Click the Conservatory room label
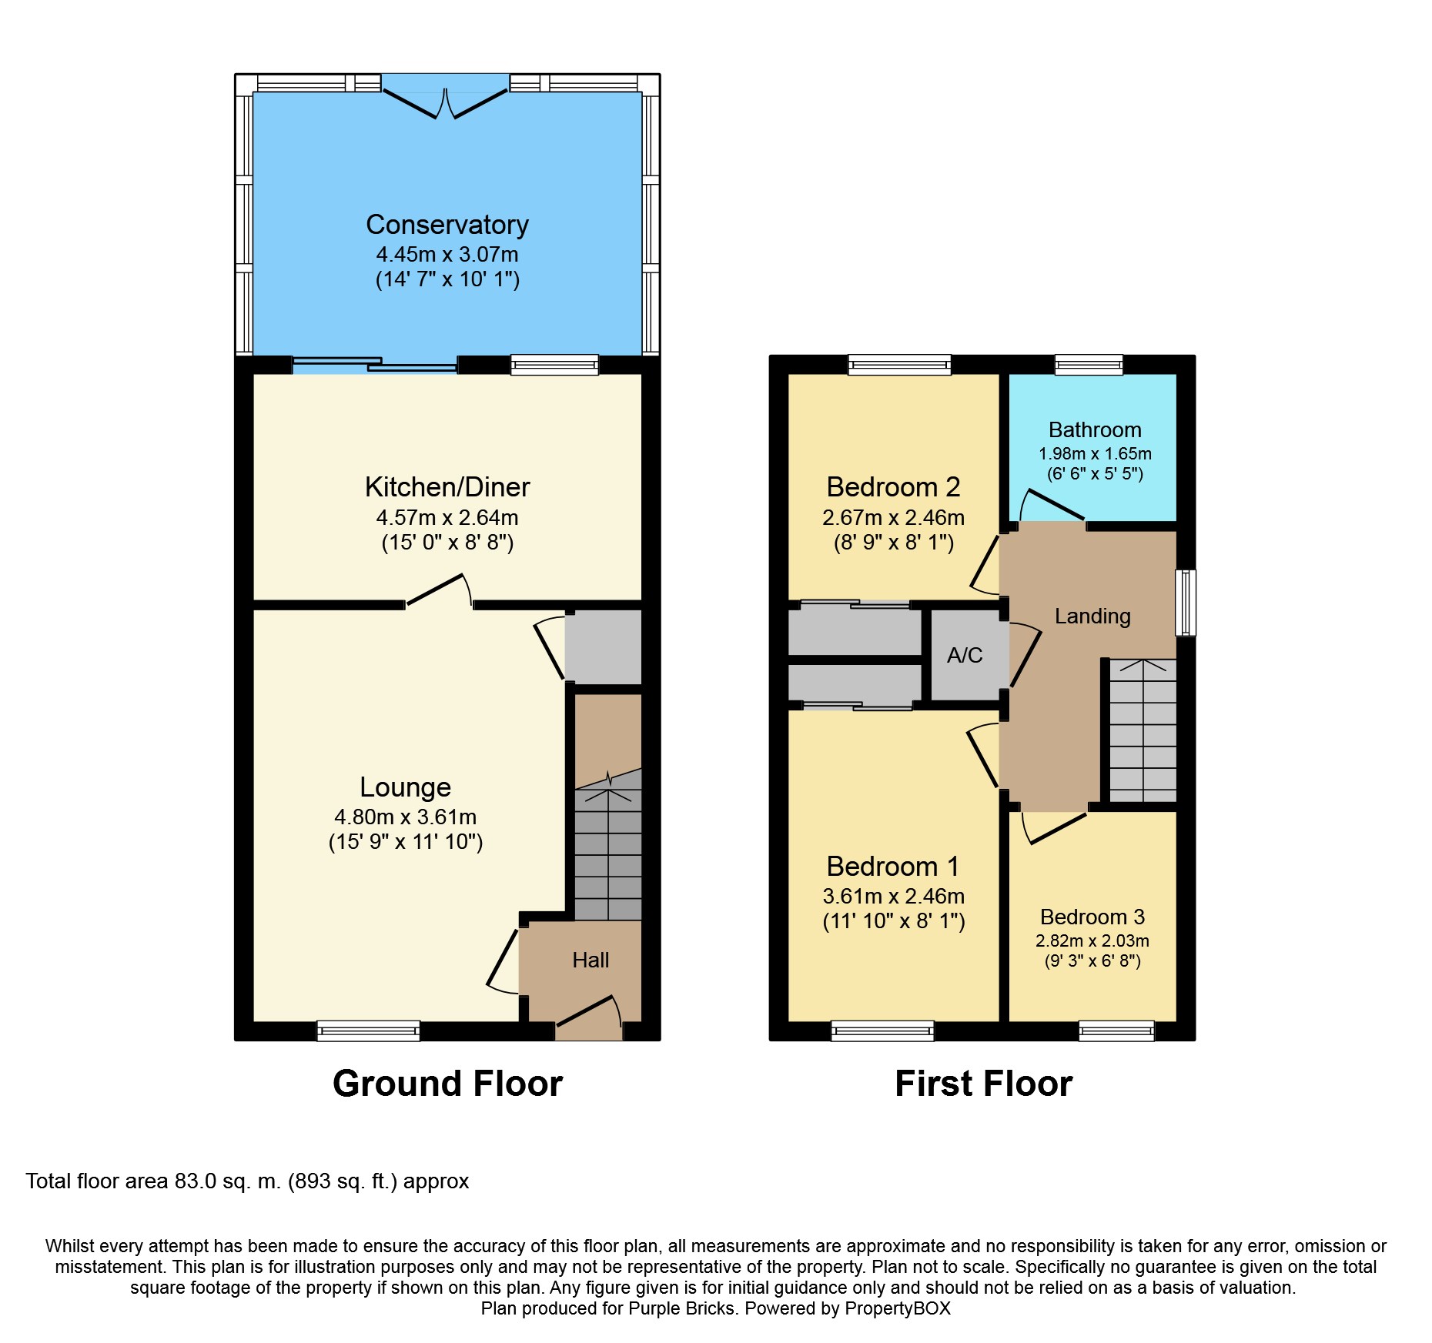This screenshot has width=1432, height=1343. point(447,225)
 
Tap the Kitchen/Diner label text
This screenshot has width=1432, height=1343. point(447,487)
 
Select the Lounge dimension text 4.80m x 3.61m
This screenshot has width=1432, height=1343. point(406,817)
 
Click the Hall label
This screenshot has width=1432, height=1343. point(591,960)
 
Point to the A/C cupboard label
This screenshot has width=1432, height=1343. point(965,655)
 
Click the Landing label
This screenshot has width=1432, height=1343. point(1092,616)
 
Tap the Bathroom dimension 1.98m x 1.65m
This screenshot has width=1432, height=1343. point(1095,453)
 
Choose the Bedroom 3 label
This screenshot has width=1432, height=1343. point(1092,917)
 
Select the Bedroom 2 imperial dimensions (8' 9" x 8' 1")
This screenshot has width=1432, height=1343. point(894,543)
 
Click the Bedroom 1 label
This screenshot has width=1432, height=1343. point(893,867)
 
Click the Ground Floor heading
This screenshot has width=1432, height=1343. point(447,1084)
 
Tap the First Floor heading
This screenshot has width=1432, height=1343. point(983,1084)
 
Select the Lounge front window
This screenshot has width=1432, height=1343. point(369,1031)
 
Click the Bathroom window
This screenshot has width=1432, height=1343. point(1089,364)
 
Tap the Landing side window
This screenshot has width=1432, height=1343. point(1186,603)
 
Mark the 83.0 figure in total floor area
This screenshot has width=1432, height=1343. point(196,1181)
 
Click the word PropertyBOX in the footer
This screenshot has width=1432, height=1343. point(898,1308)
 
